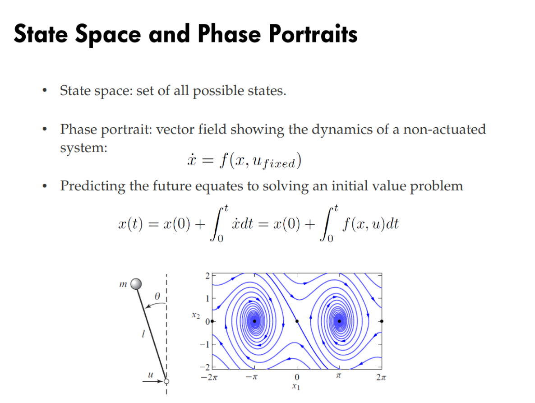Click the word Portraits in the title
coord(313,34)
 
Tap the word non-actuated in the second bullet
coord(444,130)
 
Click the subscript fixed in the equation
coord(278,164)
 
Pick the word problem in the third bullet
coord(436,186)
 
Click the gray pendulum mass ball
coord(136,283)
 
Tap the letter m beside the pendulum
coord(123,284)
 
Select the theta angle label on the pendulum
coord(157,296)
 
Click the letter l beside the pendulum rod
coord(143,334)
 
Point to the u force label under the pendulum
coord(151,375)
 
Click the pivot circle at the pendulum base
coord(166,381)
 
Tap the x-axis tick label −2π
coord(209,377)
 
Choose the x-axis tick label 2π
coord(381,377)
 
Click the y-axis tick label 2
coord(207,276)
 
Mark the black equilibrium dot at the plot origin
coord(297,321)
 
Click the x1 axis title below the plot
coord(296,387)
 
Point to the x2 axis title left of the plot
coord(196,315)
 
